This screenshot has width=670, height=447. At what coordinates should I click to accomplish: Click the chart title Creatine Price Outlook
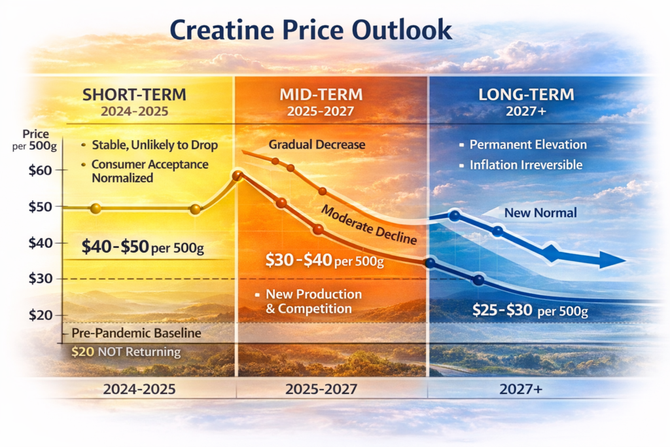coord(310,29)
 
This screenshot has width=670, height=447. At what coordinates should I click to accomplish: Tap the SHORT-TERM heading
coord(134,94)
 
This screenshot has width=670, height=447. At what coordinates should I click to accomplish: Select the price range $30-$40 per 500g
coord(324,260)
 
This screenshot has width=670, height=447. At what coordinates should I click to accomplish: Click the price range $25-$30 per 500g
coord(530,311)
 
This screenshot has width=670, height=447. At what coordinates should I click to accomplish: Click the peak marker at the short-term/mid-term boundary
coord(238,175)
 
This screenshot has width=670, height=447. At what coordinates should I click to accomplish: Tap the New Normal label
coord(531,213)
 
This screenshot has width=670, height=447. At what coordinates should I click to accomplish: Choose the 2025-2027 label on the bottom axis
coord(321,389)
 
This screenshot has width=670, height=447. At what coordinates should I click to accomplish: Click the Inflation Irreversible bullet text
coord(525,165)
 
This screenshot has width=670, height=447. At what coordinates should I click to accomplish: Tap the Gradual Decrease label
coord(317,145)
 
